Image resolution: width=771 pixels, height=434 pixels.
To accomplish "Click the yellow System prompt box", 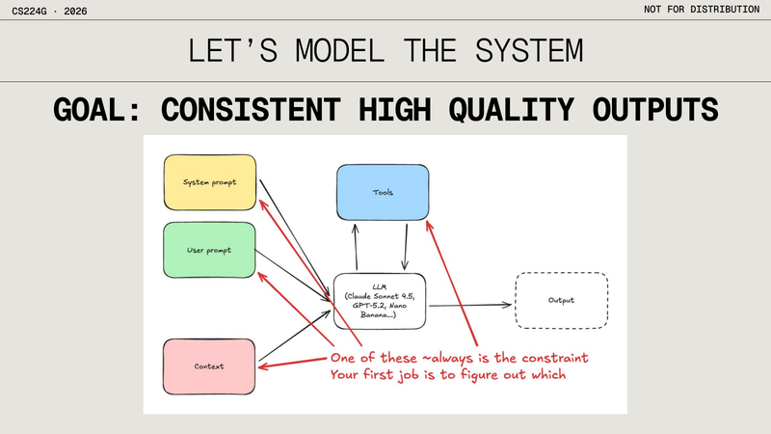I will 209,181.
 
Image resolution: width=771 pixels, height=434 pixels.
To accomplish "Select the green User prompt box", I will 209,251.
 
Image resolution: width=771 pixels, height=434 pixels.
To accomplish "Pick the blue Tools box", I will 382,192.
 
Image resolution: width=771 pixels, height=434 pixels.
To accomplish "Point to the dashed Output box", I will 561,300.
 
